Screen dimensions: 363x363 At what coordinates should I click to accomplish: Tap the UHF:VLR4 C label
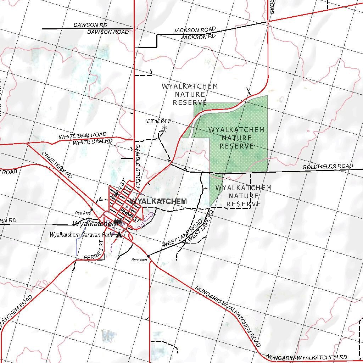(x=158, y=121)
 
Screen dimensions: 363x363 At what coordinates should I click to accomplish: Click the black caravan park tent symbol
(x=119, y=234)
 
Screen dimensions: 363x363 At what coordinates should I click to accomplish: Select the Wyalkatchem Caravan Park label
(x=81, y=235)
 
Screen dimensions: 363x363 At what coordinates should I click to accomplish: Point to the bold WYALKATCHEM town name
(x=158, y=201)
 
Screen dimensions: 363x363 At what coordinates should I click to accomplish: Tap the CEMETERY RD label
(x=57, y=165)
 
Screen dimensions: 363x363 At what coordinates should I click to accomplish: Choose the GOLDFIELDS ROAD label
(x=327, y=166)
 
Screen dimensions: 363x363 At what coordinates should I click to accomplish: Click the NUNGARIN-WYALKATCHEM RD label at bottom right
(x=307, y=357)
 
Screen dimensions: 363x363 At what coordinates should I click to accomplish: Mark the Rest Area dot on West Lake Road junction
(x=148, y=256)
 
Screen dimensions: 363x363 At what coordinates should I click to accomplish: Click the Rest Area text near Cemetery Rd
(x=83, y=213)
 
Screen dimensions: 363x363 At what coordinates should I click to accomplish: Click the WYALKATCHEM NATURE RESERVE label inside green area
(x=236, y=138)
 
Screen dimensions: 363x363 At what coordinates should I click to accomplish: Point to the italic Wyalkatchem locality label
(x=95, y=224)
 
